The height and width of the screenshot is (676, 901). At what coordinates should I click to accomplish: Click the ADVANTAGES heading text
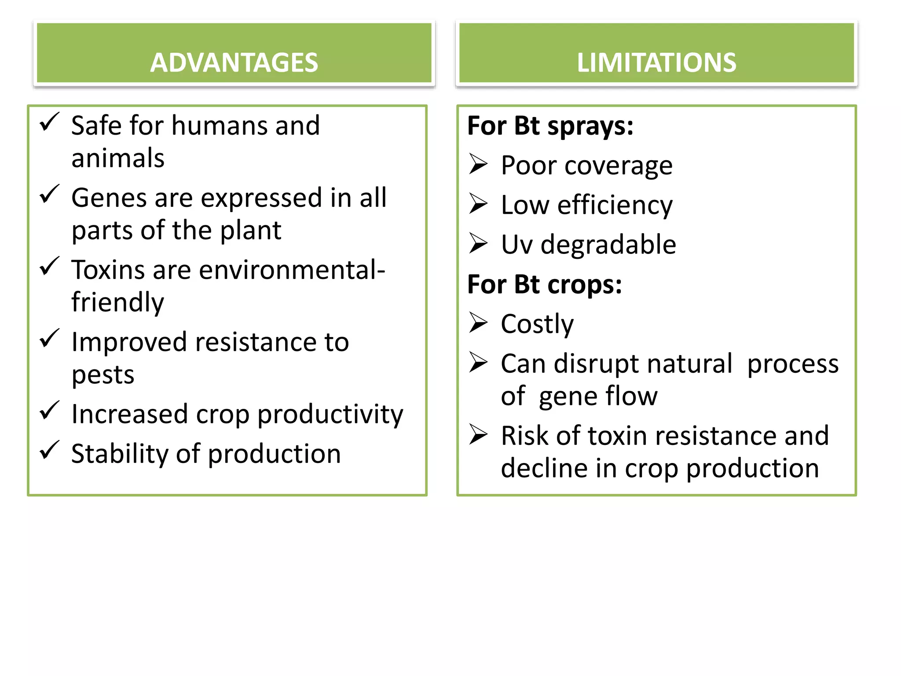[x=234, y=62]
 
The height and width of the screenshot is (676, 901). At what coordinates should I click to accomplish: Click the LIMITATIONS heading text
[x=656, y=62]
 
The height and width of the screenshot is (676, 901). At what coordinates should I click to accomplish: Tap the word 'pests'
[x=103, y=375]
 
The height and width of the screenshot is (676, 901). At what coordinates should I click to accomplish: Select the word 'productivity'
[x=330, y=414]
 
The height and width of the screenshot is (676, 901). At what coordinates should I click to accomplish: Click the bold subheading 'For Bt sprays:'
[x=550, y=126]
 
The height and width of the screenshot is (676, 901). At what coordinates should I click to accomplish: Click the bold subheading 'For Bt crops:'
[x=544, y=284]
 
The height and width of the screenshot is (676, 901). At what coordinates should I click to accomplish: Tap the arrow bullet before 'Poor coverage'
[x=478, y=164]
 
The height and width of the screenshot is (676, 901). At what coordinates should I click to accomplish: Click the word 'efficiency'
[x=615, y=206]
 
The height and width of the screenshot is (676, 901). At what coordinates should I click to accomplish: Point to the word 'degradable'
[x=608, y=245]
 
